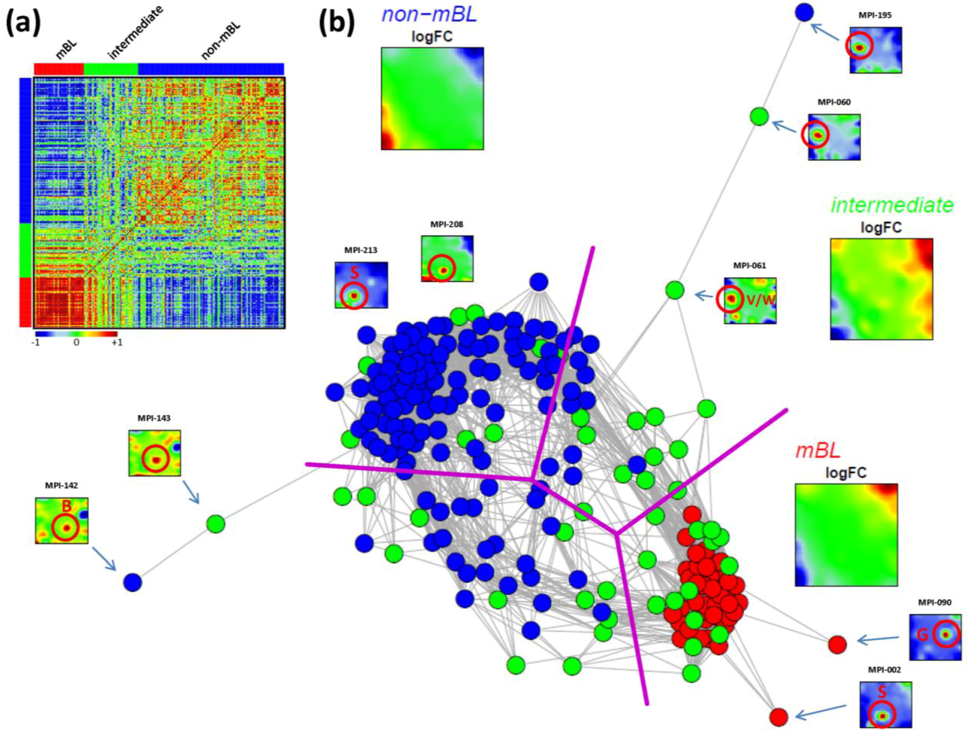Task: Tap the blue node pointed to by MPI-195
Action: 804,13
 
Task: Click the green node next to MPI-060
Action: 759,116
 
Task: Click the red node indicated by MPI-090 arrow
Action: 837,644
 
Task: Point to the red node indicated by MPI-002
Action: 779,717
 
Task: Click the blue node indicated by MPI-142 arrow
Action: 133,583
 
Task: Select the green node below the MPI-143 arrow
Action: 215,523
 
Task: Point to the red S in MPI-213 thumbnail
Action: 354,273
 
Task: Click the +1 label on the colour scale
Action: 117,342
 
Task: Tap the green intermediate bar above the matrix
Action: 111,69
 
